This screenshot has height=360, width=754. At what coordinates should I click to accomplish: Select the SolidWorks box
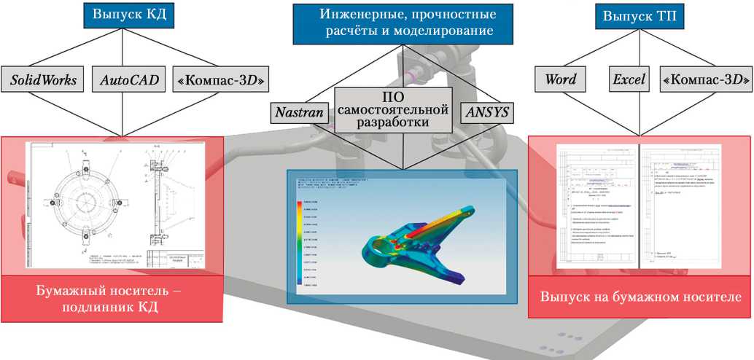pyautogui.click(x=43, y=79)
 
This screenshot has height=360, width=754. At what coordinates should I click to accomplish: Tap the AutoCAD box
pyautogui.click(x=123, y=79)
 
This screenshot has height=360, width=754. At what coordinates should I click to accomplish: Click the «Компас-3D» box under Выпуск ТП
pyautogui.click(x=705, y=79)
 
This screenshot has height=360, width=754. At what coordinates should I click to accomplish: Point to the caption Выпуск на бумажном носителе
pyautogui.click(x=640, y=297)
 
